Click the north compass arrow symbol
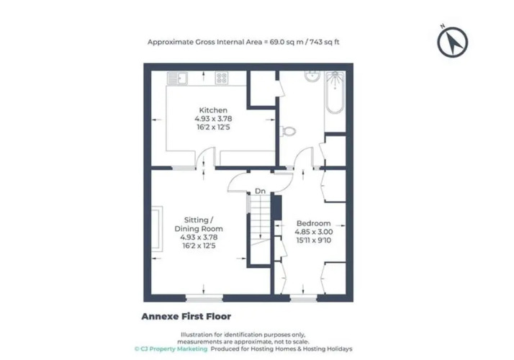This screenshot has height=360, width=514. [452, 42]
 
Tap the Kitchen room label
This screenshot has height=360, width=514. [213, 110]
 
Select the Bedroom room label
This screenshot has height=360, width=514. [313, 223]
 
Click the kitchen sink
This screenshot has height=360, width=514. [177, 78]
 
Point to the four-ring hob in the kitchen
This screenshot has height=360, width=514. [222, 78]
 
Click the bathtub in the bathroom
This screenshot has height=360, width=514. [335, 92]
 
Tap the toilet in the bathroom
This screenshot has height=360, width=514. [288, 131]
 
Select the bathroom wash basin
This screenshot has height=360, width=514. [312, 76]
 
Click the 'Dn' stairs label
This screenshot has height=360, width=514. [260, 191]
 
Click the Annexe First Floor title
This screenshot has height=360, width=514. [186, 316]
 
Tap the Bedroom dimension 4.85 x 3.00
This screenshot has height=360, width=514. [314, 232]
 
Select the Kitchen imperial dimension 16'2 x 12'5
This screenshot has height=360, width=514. [213, 127]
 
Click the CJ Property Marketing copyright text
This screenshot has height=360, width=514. [171, 349]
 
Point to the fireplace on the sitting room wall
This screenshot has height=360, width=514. [157, 228]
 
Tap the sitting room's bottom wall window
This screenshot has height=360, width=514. [204, 298]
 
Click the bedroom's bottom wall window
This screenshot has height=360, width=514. [303, 298]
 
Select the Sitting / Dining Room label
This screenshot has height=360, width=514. [199, 224]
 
